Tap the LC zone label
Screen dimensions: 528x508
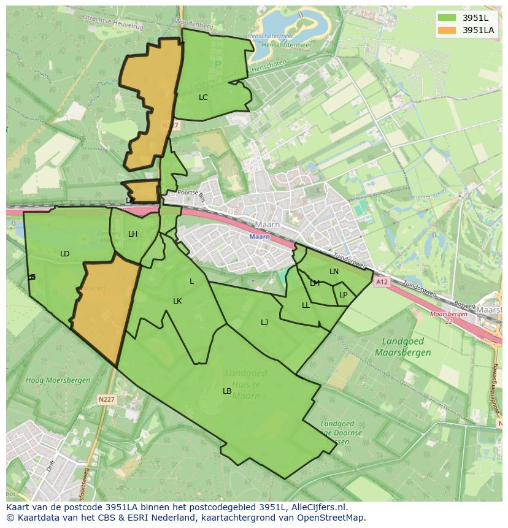pyautogui.click(x=203, y=98)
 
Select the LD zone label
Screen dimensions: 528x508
pyautogui.click(x=64, y=254)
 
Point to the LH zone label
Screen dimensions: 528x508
pyautogui.click(x=133, y=234)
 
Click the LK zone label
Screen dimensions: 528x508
pyautogui.click(x=177, y=301)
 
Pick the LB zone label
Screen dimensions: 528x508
pyautogui.click(x=227, y=391)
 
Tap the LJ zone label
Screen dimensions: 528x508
pyautogui.click(x=264, y=323)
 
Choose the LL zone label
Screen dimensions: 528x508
pyautogui.click(x=306, y=305)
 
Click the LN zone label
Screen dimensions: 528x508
pyautogui.click(x=334, y=272)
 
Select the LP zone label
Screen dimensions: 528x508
pyautogui.click(x=343, y=295)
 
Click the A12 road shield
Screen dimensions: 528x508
pyautogui.click(x=382, y=282)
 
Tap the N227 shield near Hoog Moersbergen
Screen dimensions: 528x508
pyautogui.click(x=106, y=399)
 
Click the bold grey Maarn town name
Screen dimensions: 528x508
pyautogui.click(x=267, y=225)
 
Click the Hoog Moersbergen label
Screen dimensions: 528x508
pyautogui.click(x=58, y=380)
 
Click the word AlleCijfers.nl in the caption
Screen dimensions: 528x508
pyautogui.click(x=318, y=508)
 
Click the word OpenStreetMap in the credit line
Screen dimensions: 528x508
pyautogui.click(x=334, y=518)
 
